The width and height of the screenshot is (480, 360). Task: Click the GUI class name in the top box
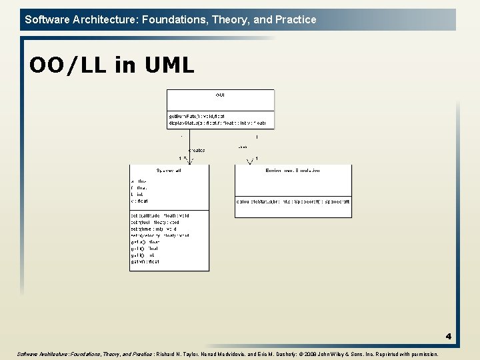point(220,96)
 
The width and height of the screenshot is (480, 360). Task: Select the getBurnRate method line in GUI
point(197,116)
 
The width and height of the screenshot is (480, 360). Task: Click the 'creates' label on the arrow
point(197,151)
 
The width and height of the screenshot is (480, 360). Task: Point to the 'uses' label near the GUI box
point(243,147)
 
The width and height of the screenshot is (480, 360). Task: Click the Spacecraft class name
point(169,171)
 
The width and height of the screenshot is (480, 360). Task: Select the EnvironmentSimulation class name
point(293,171)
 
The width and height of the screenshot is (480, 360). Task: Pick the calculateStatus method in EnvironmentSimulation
point(293,201)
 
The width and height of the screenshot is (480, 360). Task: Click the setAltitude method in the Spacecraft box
point(160,216)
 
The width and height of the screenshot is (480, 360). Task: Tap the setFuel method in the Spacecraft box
point(155,223)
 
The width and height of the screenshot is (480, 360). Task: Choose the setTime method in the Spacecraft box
point(154,229)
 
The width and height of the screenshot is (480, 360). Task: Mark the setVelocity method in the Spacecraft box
point(160,235)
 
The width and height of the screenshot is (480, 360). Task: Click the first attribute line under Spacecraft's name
point(139,181)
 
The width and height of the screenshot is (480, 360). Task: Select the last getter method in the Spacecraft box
point(145,262)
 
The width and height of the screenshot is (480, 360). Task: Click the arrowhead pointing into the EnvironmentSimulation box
point(251,161)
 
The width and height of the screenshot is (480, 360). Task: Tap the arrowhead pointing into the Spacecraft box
point(185,159)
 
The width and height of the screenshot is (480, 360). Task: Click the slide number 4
point(449,337)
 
